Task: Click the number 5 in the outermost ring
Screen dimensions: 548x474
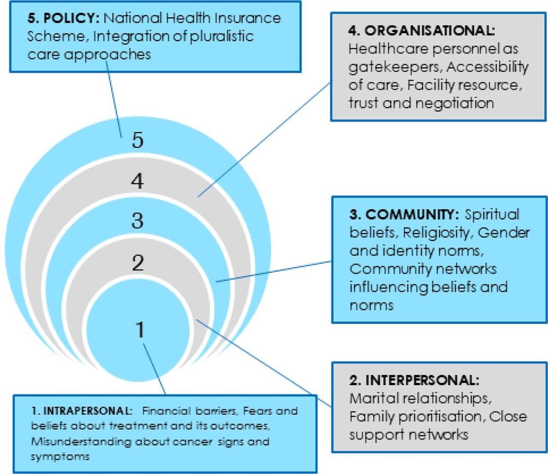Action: pyautogui.click(x=137, y=140)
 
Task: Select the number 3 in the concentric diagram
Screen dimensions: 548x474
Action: pyautogui.click(x=137, y=221)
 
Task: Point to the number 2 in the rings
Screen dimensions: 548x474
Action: pyautogui.click(x=138, y=263)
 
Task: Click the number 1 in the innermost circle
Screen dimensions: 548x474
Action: pyautogui.click(x=140, y=329)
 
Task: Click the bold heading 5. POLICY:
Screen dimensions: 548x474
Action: pyautogui.click(x=63, y=18)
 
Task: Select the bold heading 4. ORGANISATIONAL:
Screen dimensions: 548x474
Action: pyautogui.click(x=422, y=31)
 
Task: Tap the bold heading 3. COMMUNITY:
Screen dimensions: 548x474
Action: pyautogui.click(x=404, y=214)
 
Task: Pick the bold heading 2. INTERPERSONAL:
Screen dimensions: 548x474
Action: pyautogui.click(x=414, y=380)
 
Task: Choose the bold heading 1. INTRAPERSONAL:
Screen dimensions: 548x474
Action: pyautogui.click(x=82, y=411)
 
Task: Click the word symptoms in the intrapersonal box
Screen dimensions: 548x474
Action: pyautogui.click(x=60, y=457)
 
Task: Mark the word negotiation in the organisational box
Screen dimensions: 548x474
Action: pyautogui.click(x=454, y=104)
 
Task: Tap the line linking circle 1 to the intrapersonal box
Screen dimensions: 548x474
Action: pyautogui.click(x=154, y=369)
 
